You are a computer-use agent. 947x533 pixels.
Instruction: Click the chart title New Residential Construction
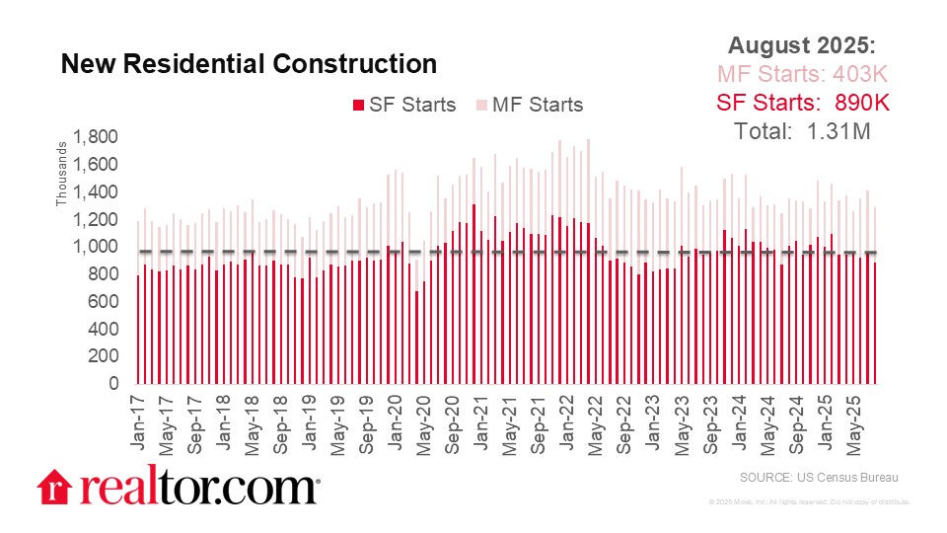(249, 64)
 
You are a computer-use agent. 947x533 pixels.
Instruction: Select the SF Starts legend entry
(404, 105)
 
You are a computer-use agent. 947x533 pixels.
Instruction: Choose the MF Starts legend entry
(530, 105)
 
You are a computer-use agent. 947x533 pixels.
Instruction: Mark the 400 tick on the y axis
(104, 329)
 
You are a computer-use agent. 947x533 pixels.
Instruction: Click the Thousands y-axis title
(60, 178)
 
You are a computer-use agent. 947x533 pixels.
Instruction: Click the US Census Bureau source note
(818, 478)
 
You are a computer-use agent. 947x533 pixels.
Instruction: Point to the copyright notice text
(809, 502)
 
